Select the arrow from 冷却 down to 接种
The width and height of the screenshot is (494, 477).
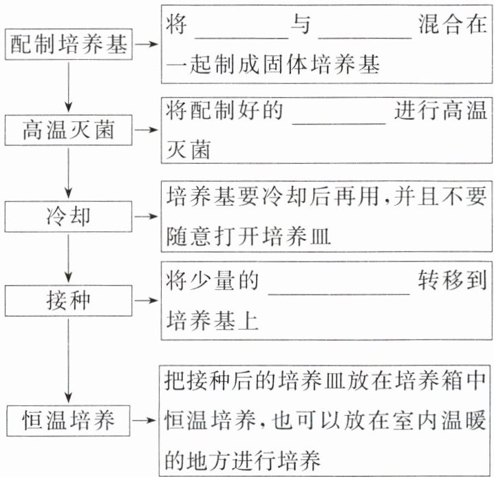point(69,259)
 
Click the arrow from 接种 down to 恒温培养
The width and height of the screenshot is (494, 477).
point(69,361)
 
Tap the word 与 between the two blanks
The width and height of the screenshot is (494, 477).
point(300,26)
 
